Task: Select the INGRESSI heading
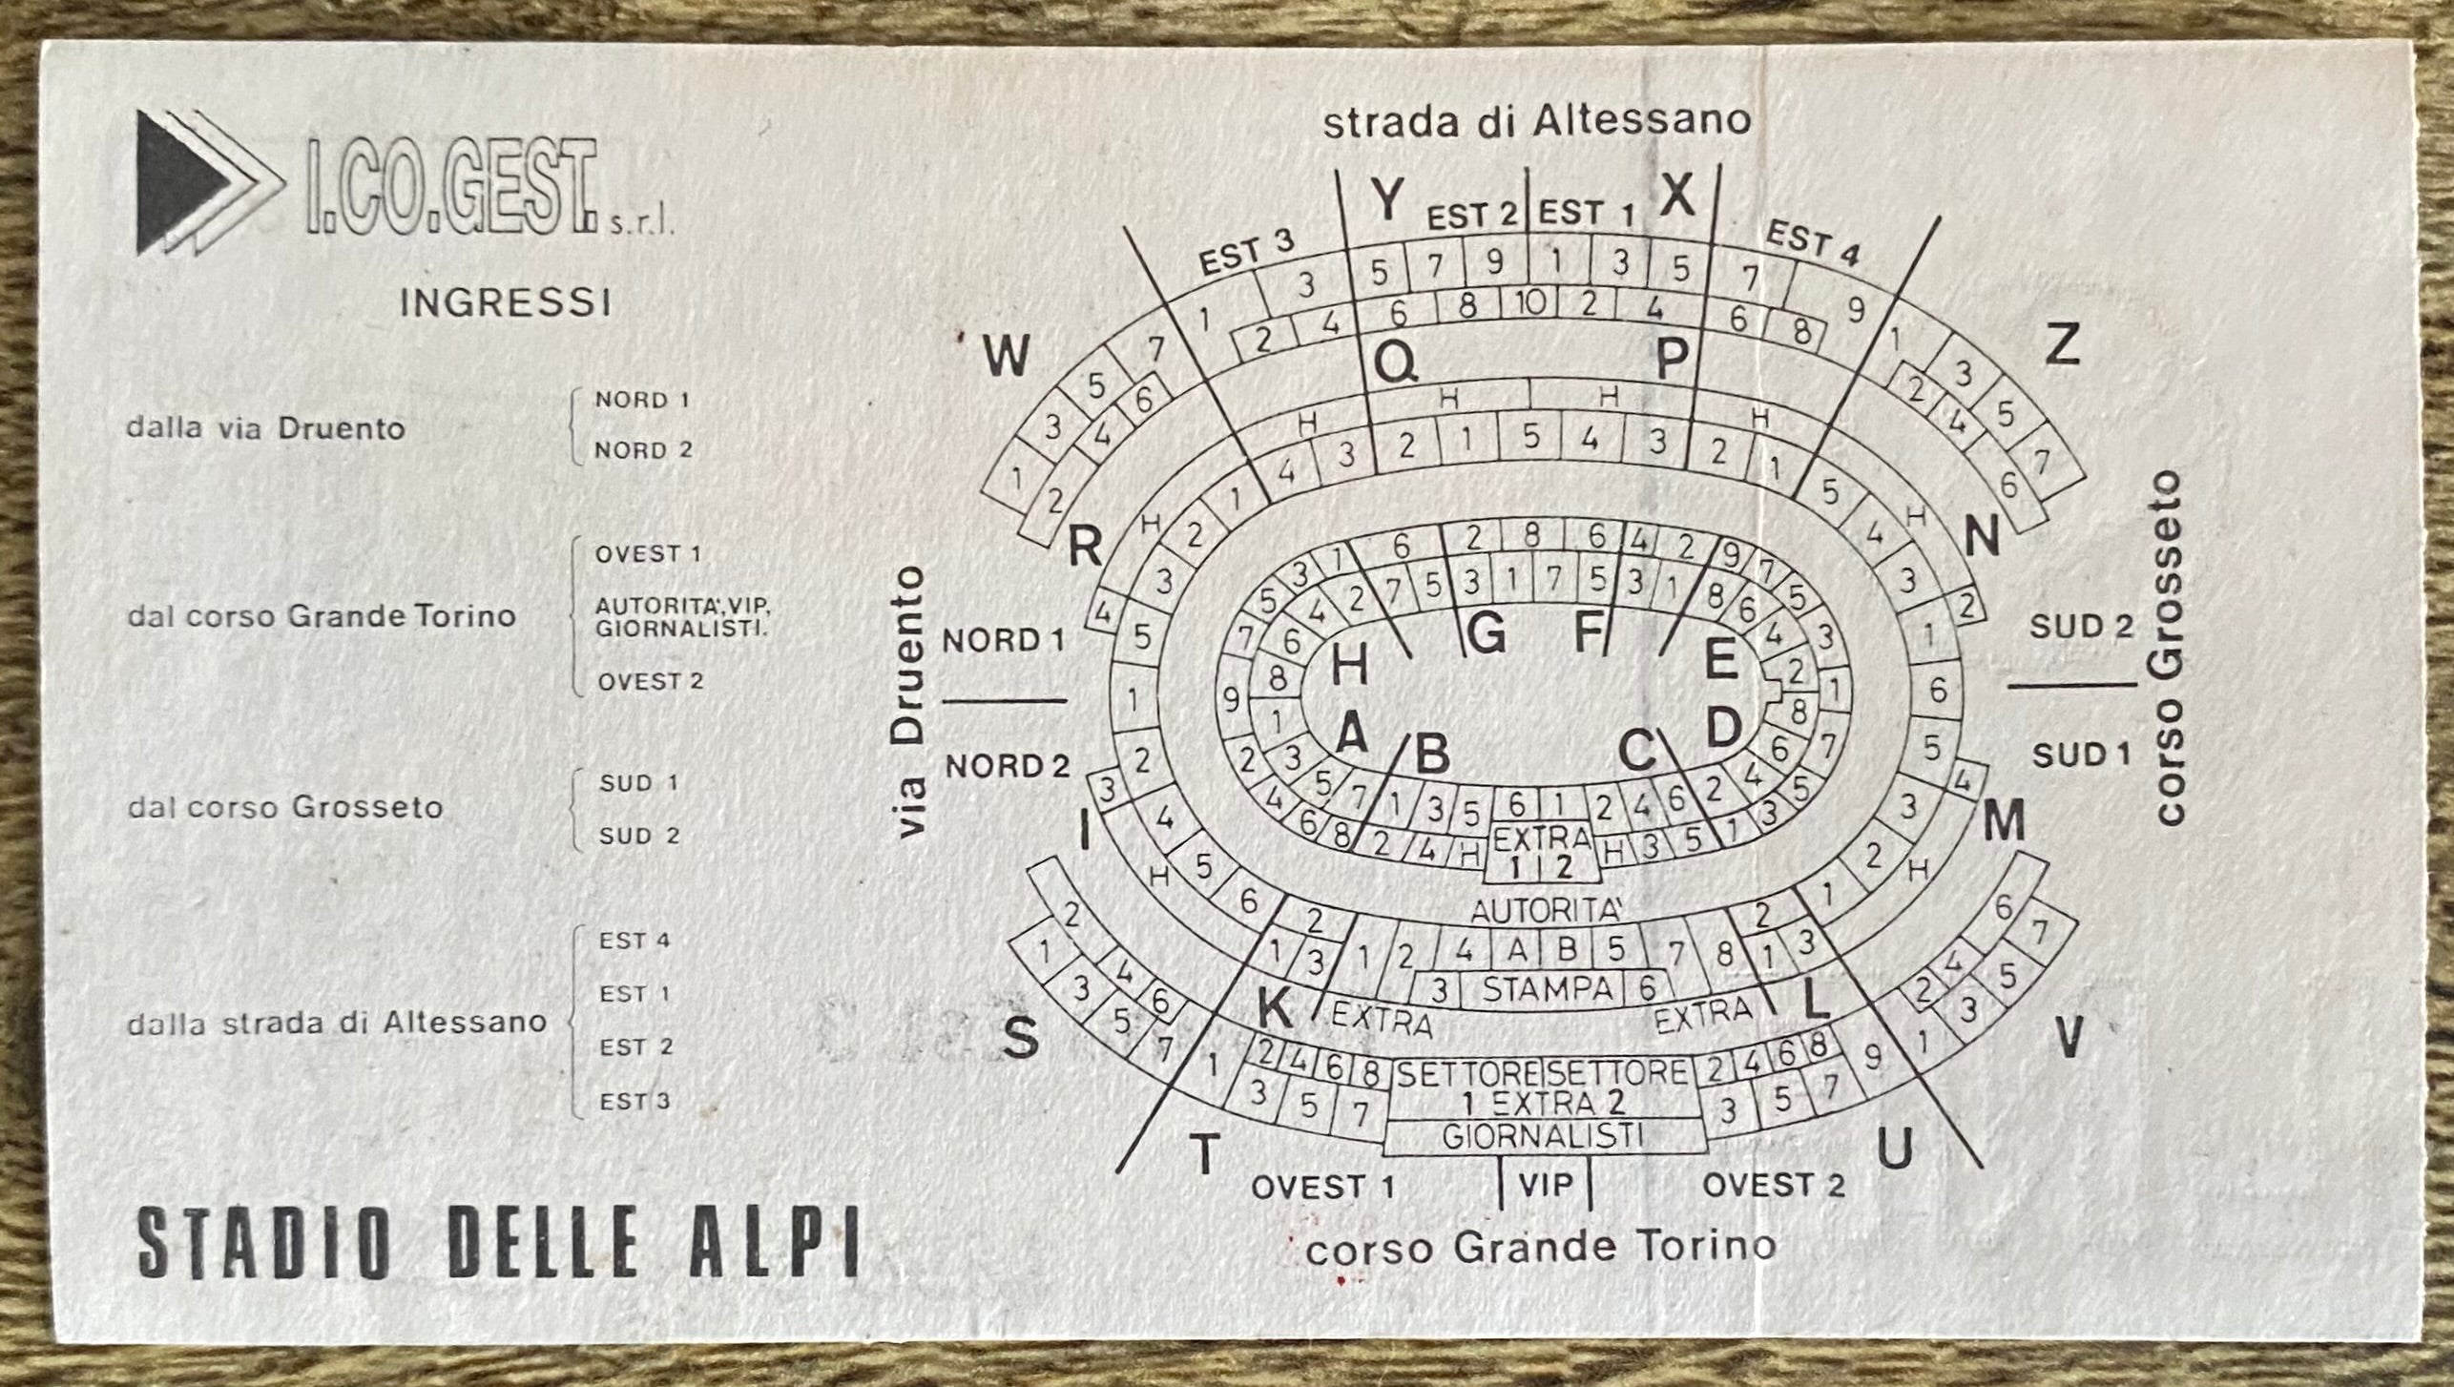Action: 506,303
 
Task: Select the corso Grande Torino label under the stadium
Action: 1541,1246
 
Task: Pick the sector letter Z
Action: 2062,345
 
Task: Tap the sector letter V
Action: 2067,1039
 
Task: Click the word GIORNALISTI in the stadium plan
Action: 1543,1137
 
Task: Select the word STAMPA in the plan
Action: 1542,990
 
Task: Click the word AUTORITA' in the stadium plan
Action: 1547,912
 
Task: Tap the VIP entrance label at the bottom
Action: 1545,1185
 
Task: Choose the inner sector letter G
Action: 1486,633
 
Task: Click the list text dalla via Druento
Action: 266,428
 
